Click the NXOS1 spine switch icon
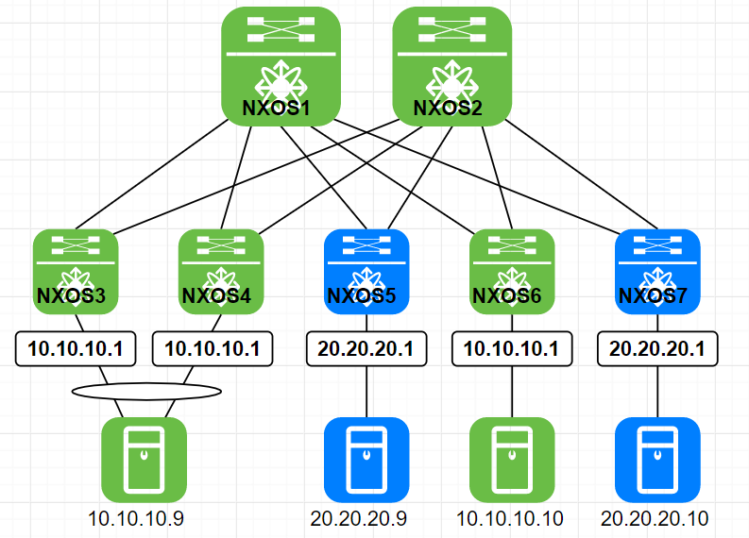click(x=281, y=65)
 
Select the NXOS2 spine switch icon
click(x=451, y=65)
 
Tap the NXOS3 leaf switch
click(x=75, y=271)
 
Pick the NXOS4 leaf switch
click(x=220, y=271)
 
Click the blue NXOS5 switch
click(x=366, y=271)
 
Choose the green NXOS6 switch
click(x=511, y=271)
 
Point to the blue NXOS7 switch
click(x=656, y=271)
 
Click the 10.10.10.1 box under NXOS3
click(x=76, y=348)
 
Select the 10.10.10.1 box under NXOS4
click(x=213, y=348)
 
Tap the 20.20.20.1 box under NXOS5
click(x=366, y=348)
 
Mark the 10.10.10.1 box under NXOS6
click(x=511, y=348)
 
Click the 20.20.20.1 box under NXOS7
click(x=657, y=348)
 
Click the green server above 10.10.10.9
click(x=144, y=459)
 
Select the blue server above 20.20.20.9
click(x=366, y=459)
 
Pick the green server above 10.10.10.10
click(x=511, y=459)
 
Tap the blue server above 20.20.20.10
click(x=657, y=459)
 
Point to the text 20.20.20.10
click(x=655, y=518)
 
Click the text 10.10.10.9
click(x=136, y=518)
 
